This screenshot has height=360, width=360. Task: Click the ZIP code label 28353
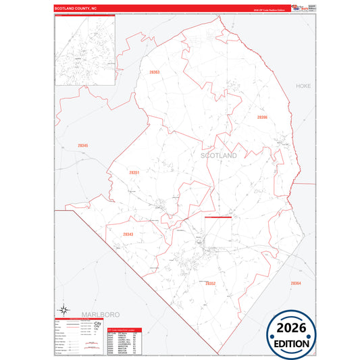pos(155,72)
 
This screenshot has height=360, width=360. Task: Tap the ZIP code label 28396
pos(262,117)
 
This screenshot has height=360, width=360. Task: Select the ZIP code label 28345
pos(82,145)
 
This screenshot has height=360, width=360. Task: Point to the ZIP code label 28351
pos(134,173)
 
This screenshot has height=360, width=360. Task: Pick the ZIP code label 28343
pos(128,234)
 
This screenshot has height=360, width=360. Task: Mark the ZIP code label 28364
pos(296,283)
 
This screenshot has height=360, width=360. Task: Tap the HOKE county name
pos(303,86)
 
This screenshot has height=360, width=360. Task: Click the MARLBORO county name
pos(100,315)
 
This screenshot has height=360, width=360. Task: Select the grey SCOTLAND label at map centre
pos(219,155)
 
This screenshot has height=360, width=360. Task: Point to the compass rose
pos(63,311)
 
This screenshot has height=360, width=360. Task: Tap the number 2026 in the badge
pos(294,328)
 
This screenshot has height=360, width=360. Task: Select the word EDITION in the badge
pos(294,343)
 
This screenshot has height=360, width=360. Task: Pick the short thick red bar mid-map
pos(218,217)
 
